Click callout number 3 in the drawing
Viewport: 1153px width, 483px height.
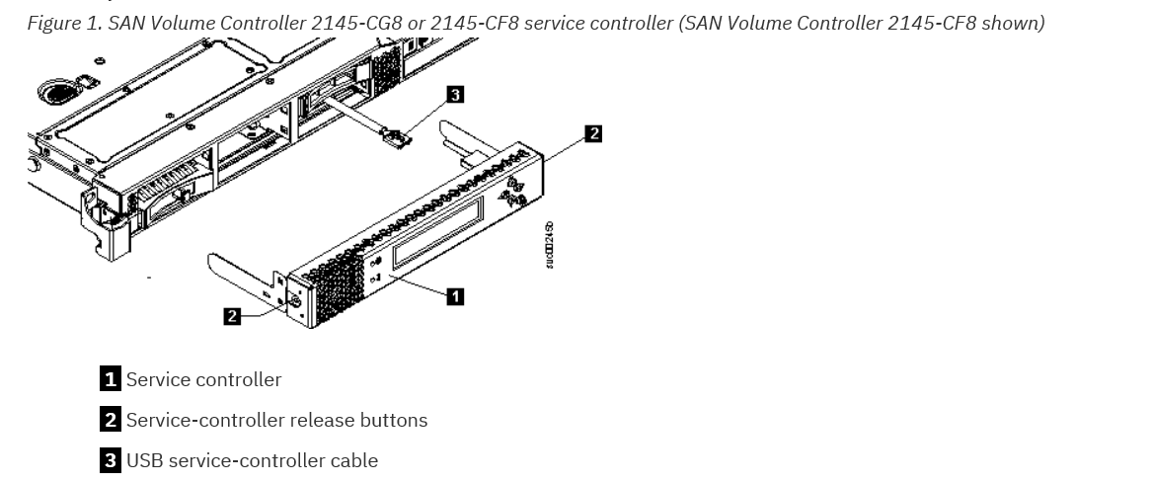pos(454,95)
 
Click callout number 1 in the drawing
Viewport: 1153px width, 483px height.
pos(454,295)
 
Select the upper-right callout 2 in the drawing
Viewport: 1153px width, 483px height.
pos(592,133)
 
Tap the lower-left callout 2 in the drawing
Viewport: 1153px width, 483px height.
pos(232,316)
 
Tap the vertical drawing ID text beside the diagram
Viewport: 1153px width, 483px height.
pos(550,244)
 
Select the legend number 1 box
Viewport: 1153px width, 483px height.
pos(112,379)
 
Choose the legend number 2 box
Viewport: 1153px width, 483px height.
pos(112,420)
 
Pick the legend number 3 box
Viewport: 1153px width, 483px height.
pos(112,460)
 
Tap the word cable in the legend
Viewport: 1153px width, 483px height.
pos(353,460)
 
